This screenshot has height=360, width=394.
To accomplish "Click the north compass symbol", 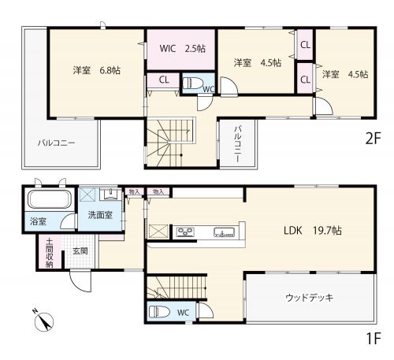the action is pyautogui.click(x=43, y=320).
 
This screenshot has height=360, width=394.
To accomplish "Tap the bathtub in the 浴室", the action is pyautogui.click(x=50, y=199).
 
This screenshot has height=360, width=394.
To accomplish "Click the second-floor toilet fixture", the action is pyautogui.click(x=192, y=84).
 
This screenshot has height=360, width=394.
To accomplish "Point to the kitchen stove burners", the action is pyautogui.click(x=185, y=232).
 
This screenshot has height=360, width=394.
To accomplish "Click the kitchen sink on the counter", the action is pyautogui.click(x=224, y=232).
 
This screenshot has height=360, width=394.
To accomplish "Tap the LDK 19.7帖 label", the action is pyautogui.click(x=313, y=231).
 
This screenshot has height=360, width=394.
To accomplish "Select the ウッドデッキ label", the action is pyautogui.click(x=310, y=298).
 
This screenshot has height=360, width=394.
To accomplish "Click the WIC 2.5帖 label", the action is pyautogui.click(x=182, y=49).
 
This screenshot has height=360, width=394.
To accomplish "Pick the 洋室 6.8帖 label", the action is pyautogui.click(x=97, y=70).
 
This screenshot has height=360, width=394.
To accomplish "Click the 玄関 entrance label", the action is pyautogui.click(x=80, y=251).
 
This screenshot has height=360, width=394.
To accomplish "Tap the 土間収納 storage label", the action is pyautogui.click(x=49, y=253).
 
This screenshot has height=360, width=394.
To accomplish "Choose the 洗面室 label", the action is pyautogui.click(x=100, y=215).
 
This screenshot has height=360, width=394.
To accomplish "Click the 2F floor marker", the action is pyautogui.click(x=373, y=139).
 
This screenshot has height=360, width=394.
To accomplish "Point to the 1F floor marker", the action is pyautogui.click(x=374, y=339).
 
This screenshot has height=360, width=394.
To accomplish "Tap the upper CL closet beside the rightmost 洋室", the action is pyautogui.click(x=305, y=45).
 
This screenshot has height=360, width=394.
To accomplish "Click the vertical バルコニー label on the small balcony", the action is pyautogui.click(x=238, y=144).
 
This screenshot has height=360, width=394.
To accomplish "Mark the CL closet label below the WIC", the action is pyautogui.click(x=164, y=80).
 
